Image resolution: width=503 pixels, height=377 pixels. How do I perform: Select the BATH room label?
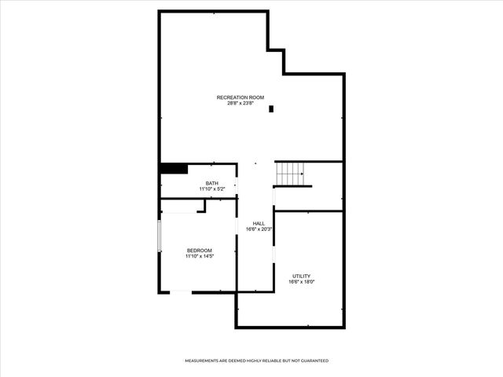(x=212, y=184)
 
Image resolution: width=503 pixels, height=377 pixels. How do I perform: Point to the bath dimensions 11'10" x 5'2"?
(x=212, y=189)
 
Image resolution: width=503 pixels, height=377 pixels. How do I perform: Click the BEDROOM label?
(x=199, y=251)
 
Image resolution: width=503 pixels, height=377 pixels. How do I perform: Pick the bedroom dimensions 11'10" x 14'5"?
(x=199, y=256)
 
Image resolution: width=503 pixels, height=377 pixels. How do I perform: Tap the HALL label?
(x=258, y=224)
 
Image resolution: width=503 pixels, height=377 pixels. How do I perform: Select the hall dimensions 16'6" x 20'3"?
(x=258, y=229)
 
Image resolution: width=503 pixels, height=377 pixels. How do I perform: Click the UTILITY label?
(x=301, y=276)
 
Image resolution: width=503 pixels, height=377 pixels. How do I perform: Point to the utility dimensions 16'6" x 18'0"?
(x=301, y=282)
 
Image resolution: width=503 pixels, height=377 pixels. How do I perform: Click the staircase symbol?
(x=288, y=173)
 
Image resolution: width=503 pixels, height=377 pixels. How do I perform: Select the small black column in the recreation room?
(x=271, y=109)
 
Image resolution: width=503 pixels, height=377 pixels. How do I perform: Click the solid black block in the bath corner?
(x=174, y=168)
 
